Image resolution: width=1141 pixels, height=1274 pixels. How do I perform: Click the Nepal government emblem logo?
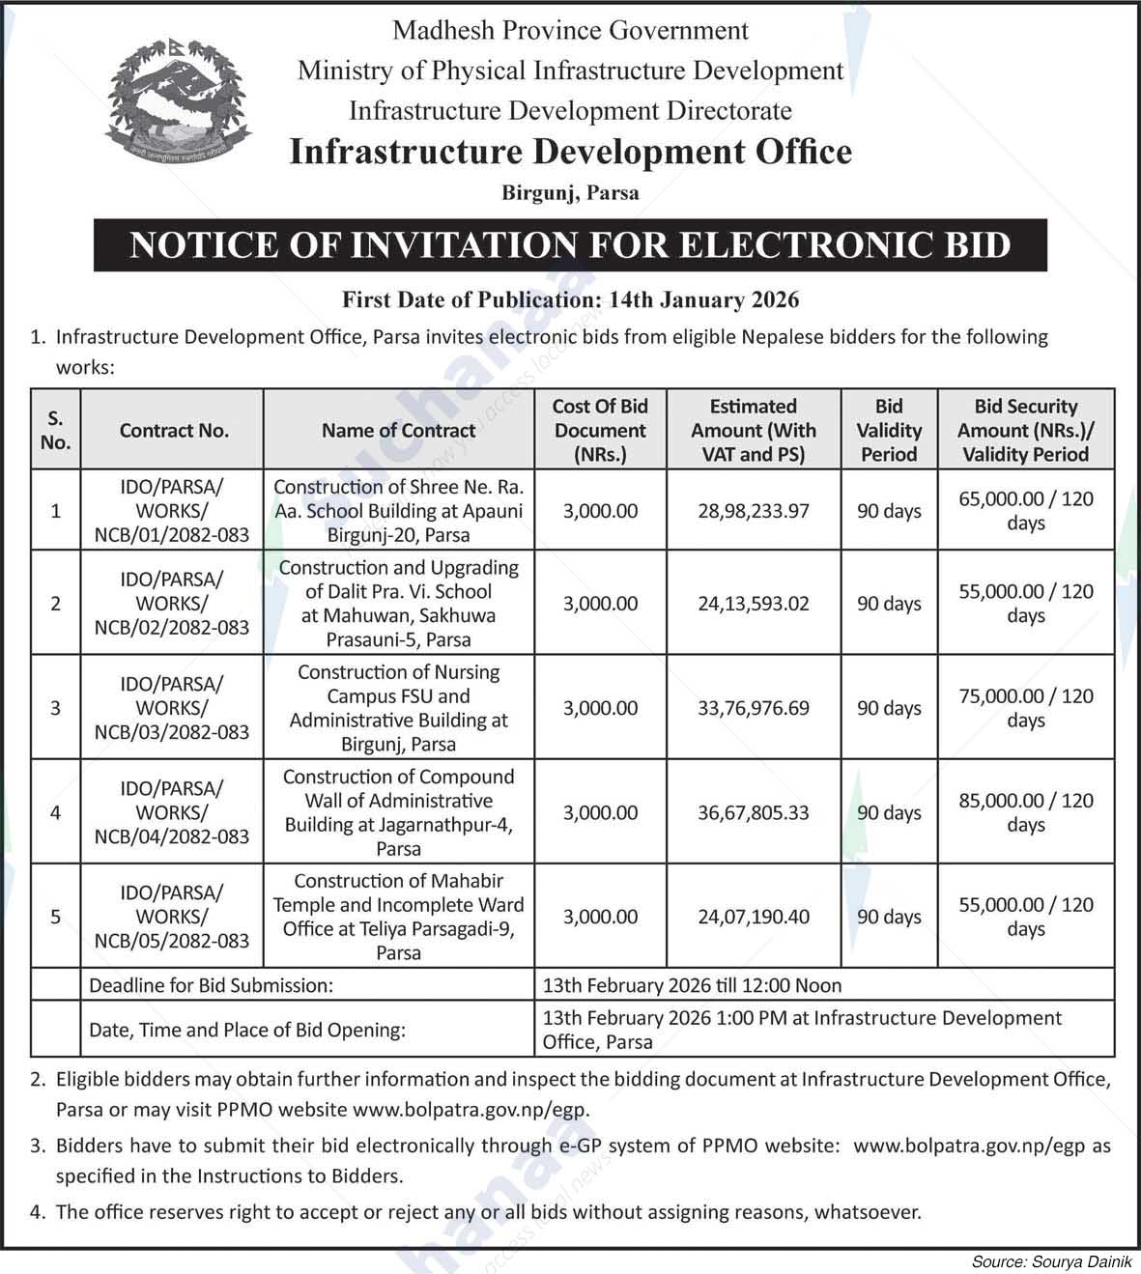[178, 99]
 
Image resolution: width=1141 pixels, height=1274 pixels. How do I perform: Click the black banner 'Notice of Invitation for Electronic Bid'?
[570, 245]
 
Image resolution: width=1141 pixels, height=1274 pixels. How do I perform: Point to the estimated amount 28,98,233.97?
[754, 511]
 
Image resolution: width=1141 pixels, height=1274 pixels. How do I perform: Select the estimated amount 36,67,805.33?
[754, 813]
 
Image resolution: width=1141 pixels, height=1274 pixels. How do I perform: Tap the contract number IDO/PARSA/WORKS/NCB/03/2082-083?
[172, 708]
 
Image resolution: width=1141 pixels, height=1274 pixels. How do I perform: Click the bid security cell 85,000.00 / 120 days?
[1026, 812]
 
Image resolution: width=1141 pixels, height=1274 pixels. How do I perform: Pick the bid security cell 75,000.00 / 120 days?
[1026, 708]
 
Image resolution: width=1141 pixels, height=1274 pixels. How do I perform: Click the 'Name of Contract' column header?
[398, 431]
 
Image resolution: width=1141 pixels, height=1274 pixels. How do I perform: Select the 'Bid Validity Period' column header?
[889, 431]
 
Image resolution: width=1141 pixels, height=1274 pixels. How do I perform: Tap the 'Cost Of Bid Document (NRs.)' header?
[600, 431]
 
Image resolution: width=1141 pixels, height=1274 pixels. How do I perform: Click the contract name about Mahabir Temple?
[398, 917]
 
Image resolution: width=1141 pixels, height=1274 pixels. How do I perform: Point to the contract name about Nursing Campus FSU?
[398, 708]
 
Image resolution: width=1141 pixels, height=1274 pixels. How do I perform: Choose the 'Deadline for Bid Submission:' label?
[211, 986]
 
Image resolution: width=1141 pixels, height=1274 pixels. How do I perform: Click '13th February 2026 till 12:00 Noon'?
[692, 986]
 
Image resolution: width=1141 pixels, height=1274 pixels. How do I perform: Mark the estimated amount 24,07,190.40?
[754, 917]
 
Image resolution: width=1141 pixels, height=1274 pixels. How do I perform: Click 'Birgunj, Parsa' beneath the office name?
[570, 193]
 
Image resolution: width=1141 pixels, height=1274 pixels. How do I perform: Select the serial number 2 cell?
[56, 604]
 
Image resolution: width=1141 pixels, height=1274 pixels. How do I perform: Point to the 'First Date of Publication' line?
[570, 299]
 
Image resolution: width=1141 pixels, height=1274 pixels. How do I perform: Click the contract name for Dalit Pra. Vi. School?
[398, 604]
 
